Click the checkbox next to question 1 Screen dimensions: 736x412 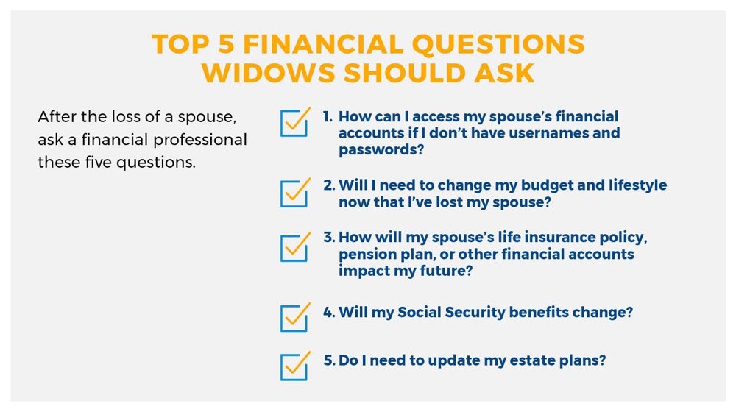coord(294,123)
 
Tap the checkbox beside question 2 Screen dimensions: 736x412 coord(294,193)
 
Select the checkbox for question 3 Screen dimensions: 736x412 coord(294,248)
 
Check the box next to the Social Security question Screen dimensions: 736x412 coord(294,318)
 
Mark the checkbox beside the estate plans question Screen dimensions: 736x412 coord(294,366)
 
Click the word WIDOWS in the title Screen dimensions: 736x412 coord(268,73)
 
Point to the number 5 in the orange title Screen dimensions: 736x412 coord(226,44)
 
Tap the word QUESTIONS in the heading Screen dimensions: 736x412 coord(498,44)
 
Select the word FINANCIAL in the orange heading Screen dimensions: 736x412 coord(323,44)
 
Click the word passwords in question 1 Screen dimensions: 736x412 coord(381,149)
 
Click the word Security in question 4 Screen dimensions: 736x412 coord(474,313)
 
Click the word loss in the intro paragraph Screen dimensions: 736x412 coord(124,116)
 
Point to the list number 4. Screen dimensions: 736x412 coord(328,313)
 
